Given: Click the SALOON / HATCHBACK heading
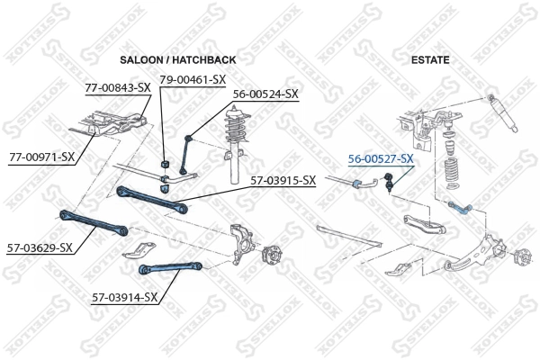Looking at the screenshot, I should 177,59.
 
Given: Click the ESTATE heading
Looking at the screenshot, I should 430,59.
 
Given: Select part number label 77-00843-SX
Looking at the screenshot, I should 117,88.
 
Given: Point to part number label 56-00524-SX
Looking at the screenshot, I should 265,93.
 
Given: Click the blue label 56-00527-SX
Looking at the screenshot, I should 381,158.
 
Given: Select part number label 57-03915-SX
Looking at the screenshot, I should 283,181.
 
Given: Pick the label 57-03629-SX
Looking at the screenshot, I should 40,247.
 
